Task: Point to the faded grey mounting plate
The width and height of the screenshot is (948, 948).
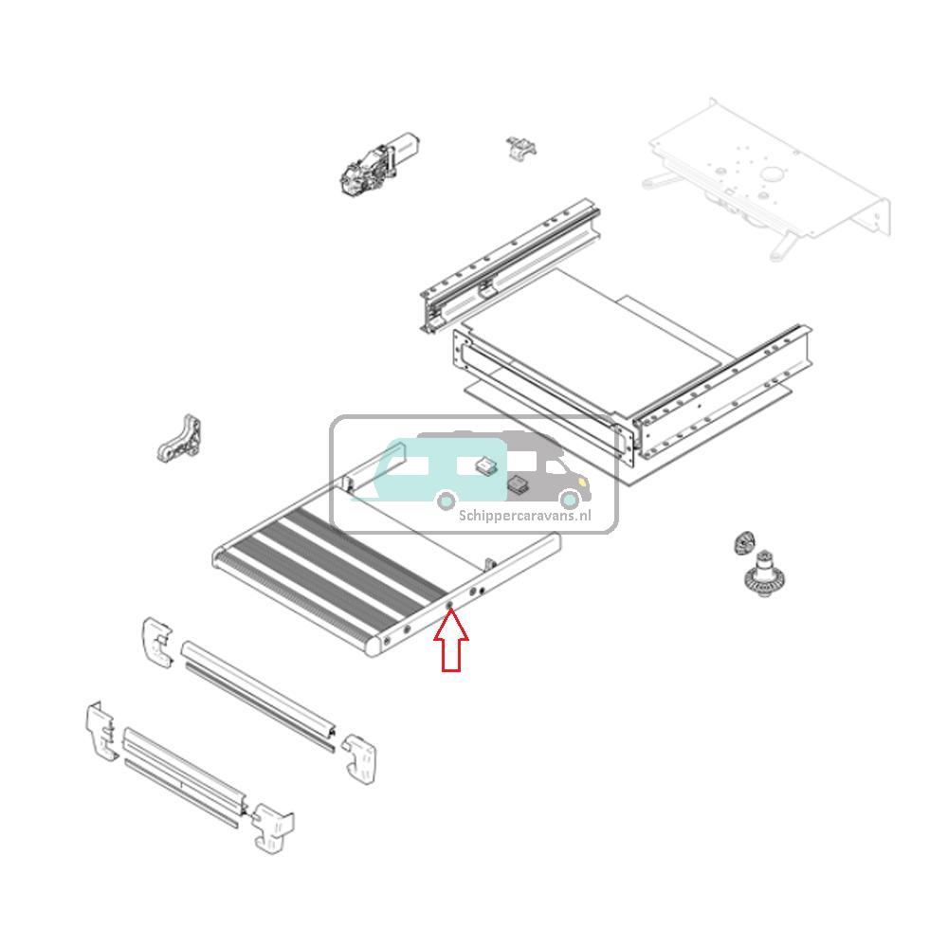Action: point(768,175)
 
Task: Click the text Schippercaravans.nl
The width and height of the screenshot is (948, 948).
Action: point(524,516)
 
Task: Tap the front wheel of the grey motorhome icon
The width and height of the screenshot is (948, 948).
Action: point(569,500)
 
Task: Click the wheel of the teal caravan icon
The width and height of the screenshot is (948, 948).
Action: point(445,500)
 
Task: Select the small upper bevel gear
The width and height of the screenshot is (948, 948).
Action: point(743,544)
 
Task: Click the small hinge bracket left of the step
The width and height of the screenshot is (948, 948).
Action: point(180,438)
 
